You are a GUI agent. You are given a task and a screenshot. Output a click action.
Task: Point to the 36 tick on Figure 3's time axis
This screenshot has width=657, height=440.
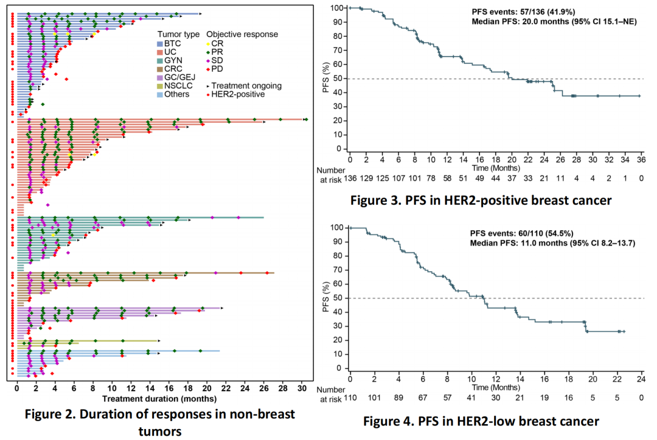click(640, 159)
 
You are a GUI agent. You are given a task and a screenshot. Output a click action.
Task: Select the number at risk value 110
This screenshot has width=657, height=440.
click(350, 398)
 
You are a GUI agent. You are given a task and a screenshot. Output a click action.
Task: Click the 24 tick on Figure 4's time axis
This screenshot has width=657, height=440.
click(641, 379)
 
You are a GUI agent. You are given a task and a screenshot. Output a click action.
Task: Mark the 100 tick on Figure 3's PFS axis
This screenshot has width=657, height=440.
click(335, 8)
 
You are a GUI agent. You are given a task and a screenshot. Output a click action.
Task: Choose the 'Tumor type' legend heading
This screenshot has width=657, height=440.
click(178, 34)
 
